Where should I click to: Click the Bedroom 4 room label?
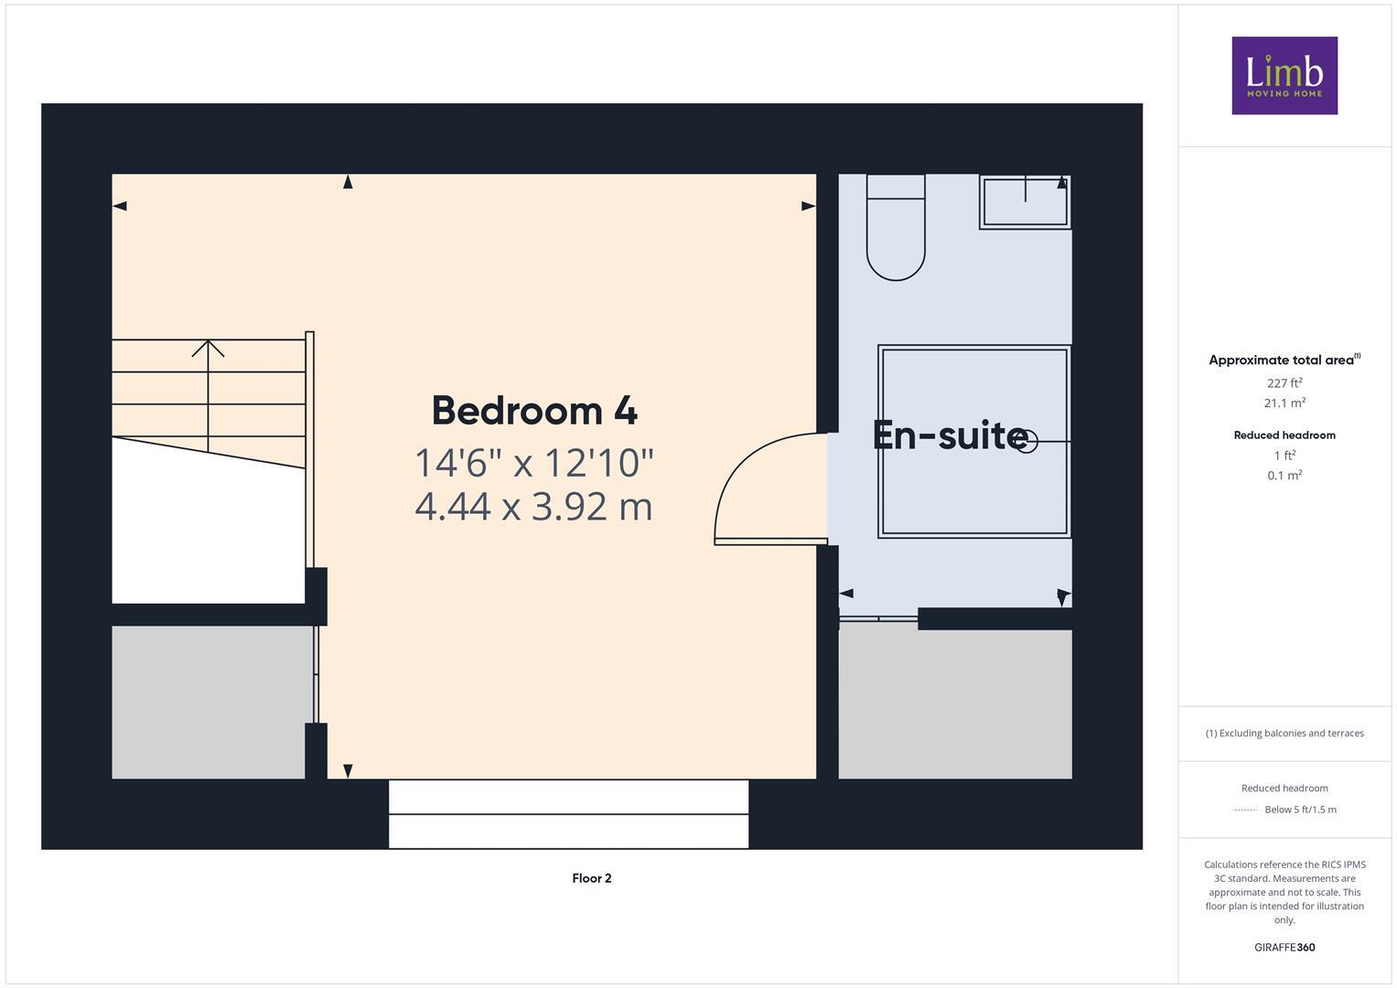click(534, 411)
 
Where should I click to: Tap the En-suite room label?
click(950, 435)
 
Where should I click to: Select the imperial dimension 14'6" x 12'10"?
click(534, 463)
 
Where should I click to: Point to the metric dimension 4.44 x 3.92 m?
click(534, 506)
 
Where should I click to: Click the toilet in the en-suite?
click(896, 229)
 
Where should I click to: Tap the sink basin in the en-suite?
click(1025, 202)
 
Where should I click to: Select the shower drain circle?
click(1028, 442)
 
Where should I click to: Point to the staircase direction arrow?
click(209, 349)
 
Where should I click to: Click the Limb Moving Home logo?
click(1284, 76)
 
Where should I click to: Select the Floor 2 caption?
click(592, 878)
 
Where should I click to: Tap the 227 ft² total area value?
click(1284, 383)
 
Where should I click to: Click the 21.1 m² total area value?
click(1284, 403)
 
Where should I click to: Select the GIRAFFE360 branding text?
click(1284, 948)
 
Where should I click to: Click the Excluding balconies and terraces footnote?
click(1284, 733)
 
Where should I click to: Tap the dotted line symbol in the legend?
click(1245, 810)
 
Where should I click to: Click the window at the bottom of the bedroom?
click(568, 814)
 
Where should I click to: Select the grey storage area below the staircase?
click(209, 702)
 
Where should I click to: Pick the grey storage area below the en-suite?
click(955, 703)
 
